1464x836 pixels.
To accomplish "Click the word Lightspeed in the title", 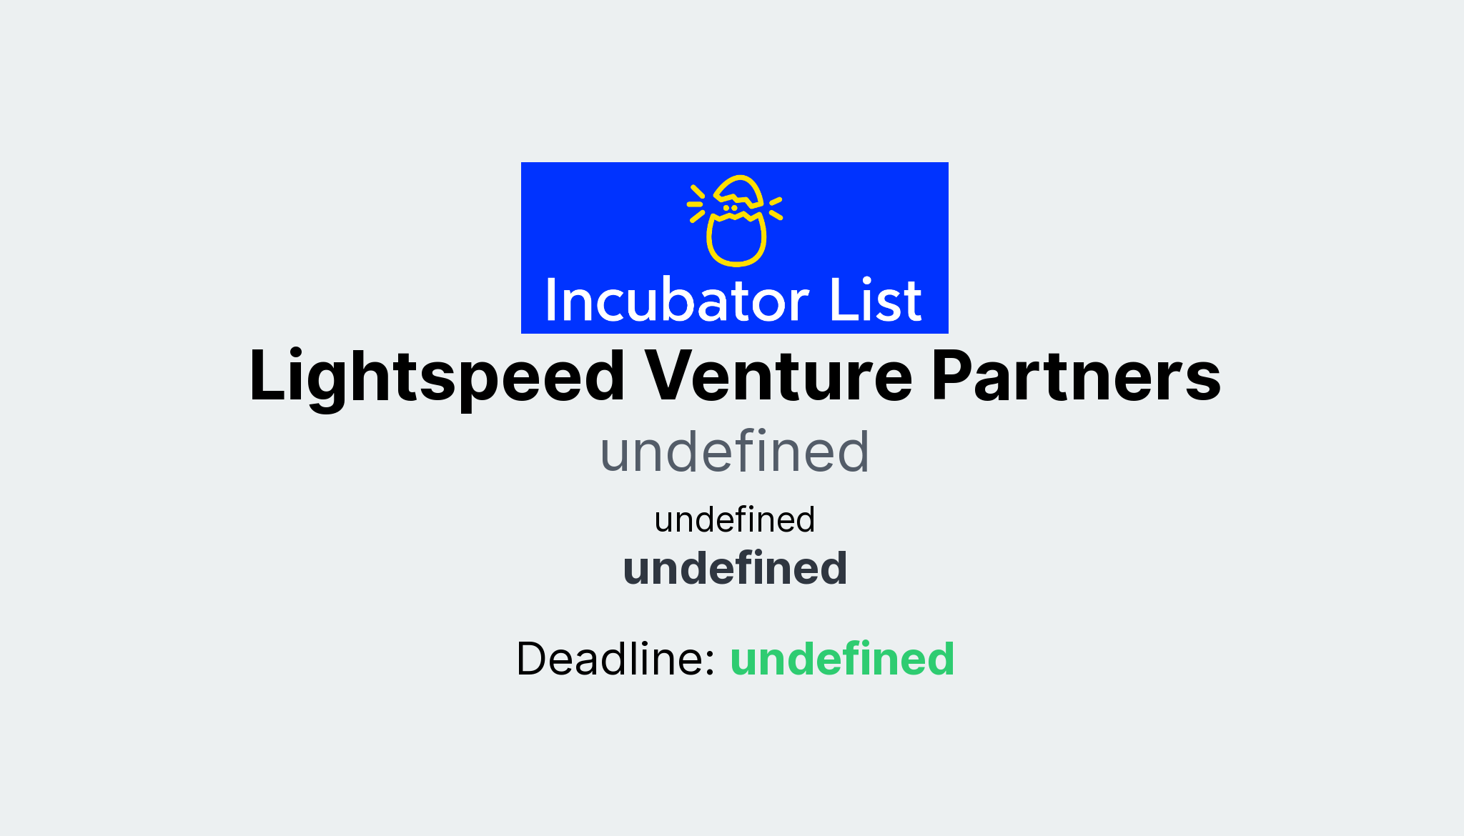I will [437, 377].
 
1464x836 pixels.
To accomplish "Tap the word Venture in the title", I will [778, 377].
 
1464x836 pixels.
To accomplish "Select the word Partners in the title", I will [1076, 377].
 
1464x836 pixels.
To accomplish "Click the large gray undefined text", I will [734, 452].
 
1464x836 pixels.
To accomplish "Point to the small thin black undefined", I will [734, 519].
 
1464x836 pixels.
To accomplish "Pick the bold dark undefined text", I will [735, 569].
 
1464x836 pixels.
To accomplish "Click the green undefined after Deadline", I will [842, 658].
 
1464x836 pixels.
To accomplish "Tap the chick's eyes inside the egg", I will [730, 208].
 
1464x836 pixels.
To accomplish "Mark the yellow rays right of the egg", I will [776, 207].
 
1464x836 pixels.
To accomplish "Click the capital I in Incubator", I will [550, 301].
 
